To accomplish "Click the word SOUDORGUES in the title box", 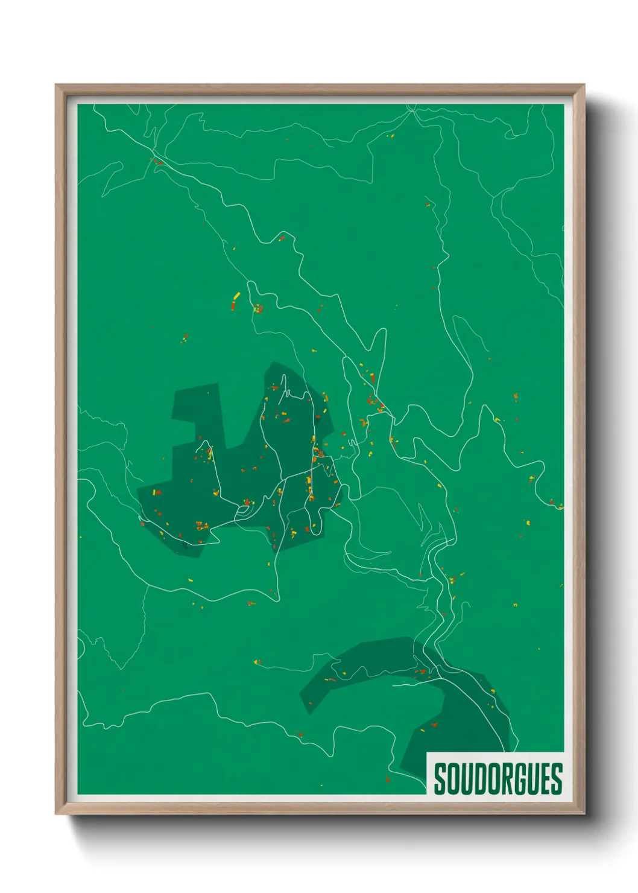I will [x=498, y=778].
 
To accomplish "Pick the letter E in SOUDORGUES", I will [x=546, y=778].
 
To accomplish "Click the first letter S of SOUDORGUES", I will [x=440, y=778].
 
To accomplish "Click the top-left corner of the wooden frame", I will [x=57, y=85].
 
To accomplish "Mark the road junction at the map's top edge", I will [x=412, y=109].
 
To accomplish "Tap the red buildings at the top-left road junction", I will [x=159, y=162].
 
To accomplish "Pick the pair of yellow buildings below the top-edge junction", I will [x=390, y=136].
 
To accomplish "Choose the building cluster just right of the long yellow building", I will [x=257, y=308].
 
